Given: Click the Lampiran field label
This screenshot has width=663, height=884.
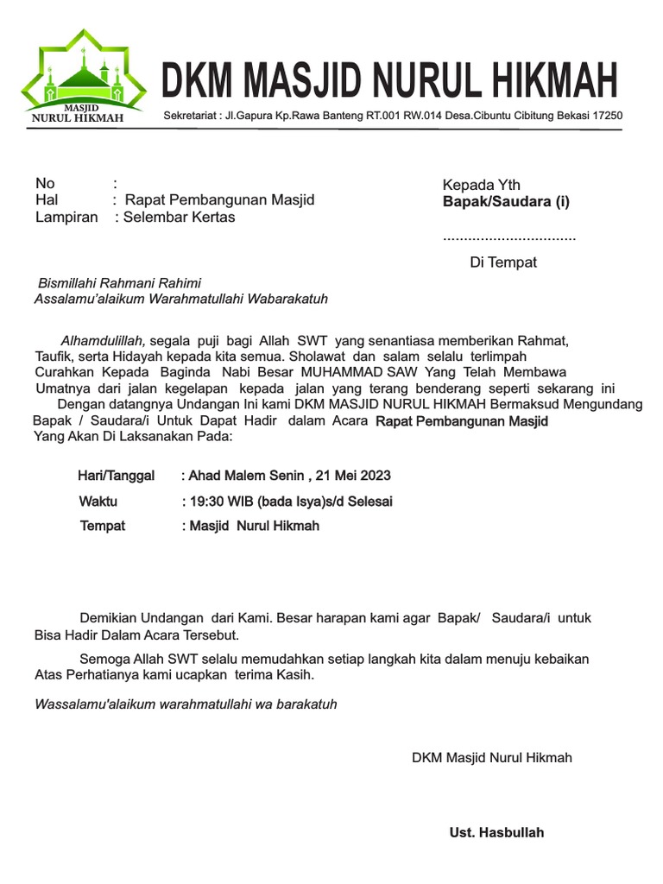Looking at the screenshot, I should pos(66,218).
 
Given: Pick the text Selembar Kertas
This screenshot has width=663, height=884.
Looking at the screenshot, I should pos(179,218).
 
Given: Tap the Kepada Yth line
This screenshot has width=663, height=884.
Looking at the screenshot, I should pos(481,186).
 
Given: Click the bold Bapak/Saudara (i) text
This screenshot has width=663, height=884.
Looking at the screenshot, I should pos(506,202).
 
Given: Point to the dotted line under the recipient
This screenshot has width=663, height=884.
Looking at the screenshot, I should pos(508,237).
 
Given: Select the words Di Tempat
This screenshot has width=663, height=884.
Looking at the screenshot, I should pos(502,262).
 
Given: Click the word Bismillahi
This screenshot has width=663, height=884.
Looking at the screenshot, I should pos(71,283).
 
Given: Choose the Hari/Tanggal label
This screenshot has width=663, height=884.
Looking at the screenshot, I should pos(117,476).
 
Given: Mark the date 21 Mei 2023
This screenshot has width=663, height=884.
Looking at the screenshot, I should pos(353,476).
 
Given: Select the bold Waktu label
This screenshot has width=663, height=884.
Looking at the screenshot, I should pos(98,502).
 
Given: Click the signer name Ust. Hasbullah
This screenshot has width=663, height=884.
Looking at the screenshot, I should pos(496,833).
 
